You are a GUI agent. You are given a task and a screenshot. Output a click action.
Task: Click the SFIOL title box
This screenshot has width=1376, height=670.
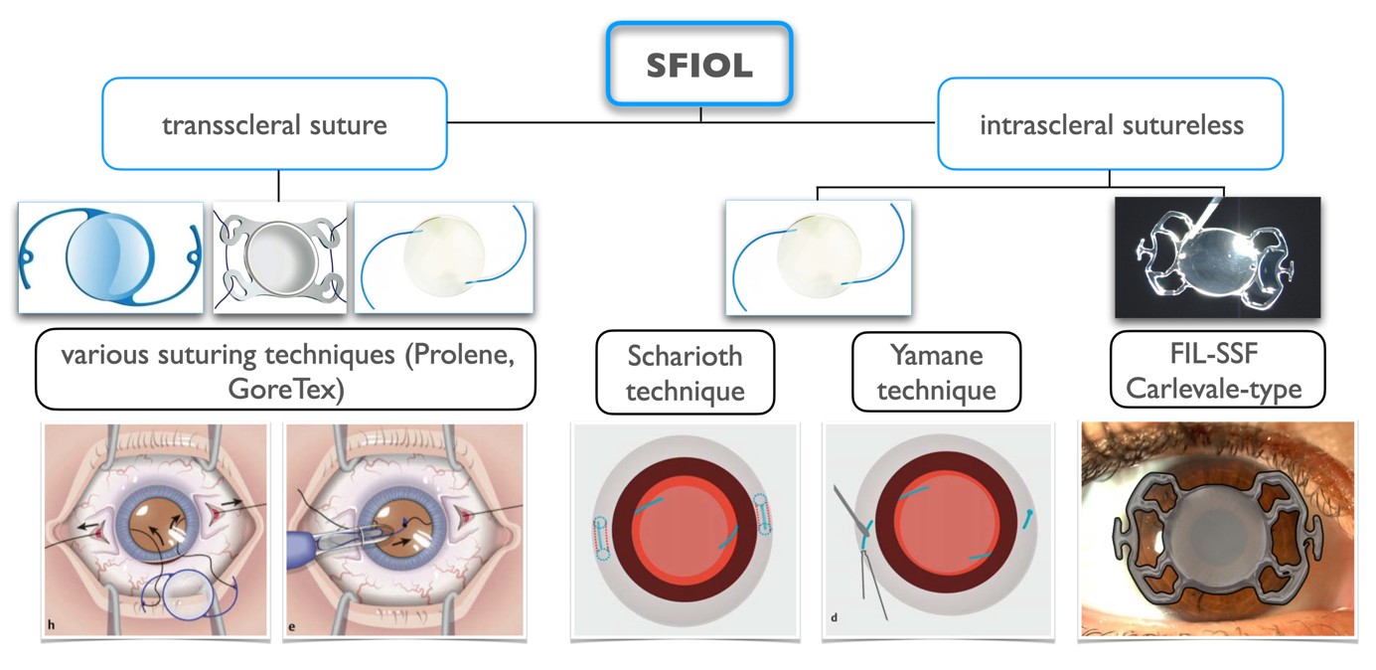click(x=698, y=64)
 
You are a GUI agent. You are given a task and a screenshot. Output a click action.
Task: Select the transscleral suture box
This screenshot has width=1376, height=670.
click(x=274, y=124)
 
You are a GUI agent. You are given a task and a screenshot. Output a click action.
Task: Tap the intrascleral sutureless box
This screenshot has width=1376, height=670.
click(x=1110, y=124)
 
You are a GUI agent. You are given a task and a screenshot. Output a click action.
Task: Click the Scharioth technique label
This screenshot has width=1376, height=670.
click(x=685, y=373)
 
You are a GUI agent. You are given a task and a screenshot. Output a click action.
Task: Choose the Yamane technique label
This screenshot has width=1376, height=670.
click(x=936, y=373)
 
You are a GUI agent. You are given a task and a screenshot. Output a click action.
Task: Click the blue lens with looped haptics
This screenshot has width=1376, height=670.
click(x=110, y=257)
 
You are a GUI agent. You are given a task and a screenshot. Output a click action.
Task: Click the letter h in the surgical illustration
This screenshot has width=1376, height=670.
click(x=51, y=625)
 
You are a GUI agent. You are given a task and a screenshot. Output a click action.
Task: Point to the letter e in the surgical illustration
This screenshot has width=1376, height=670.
click(x=295, y=625)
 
